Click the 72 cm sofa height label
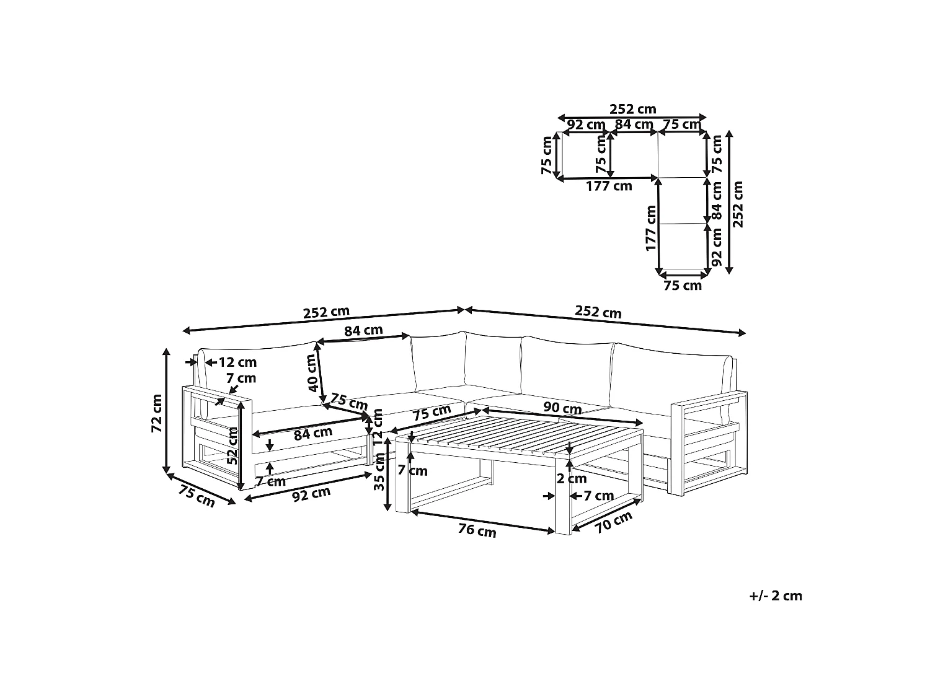tap(156, 413)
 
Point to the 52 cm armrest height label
tap(232, 445)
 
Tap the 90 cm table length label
tap(562, 408)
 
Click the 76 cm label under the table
tap(477, 530)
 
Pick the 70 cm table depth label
tap(614, 522)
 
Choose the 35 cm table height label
tap(379, 471)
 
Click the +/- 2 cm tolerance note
tap(776, 596)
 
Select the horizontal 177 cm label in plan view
tap(609, 186)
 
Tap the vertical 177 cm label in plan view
tap(651, 228)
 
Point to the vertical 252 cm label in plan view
tap(738, 204)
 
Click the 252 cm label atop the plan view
tap(633, 109)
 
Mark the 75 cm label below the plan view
tap(683, 286)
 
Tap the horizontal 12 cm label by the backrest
tap(237, 362)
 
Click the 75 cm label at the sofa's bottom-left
tap(197, 496)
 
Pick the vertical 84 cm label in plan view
tap(717, 201)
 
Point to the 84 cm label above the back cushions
tap(363, 330)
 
